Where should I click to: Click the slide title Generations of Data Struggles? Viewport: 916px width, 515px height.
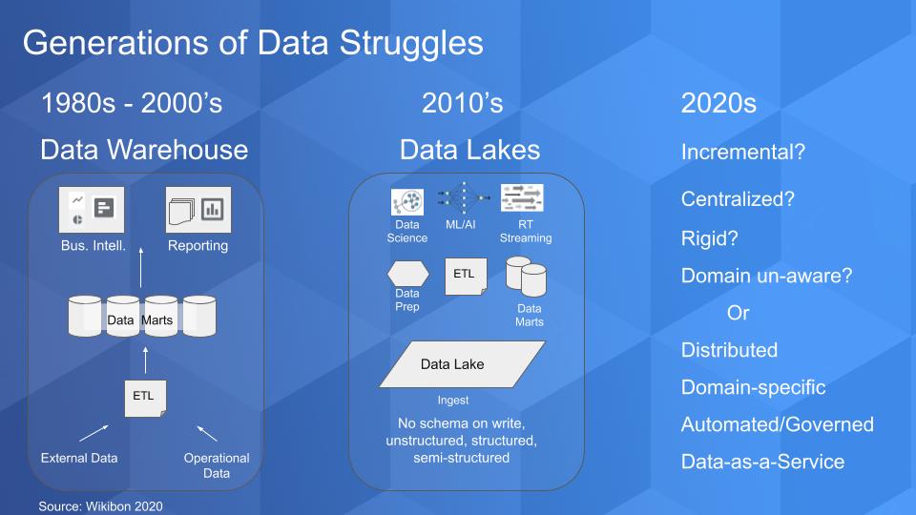[253, 43]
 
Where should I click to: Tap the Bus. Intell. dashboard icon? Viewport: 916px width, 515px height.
[92, 210]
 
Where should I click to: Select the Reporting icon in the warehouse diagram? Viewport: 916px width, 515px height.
[198, 210]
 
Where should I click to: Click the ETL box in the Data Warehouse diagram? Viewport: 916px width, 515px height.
[145, 399]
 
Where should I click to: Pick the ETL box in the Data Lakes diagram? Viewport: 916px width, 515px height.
[466, 277]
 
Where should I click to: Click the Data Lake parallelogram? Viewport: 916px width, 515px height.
[462, 364]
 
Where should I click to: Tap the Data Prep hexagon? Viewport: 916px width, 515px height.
[407, 274]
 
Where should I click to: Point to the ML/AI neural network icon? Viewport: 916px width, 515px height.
[464, 198]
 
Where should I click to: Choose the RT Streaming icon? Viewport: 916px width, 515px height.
[522, 198]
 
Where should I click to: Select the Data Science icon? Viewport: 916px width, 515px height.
[407, 202]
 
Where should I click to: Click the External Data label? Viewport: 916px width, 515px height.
[79, 459]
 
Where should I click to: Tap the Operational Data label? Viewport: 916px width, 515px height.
[217, 465]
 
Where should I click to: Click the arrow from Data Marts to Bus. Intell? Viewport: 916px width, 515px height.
[141, 267]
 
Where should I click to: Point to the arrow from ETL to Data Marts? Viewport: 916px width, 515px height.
[145, 360]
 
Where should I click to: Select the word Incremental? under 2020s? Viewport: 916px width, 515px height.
[743, 152]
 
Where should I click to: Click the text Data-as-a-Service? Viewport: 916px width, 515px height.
[762, 462]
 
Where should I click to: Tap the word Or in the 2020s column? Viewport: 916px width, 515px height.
[738, 313]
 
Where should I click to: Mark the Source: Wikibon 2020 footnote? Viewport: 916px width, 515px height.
[100, 506]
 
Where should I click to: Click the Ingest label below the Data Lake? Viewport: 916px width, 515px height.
[452, 401]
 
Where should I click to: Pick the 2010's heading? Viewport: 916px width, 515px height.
[462, 103]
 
